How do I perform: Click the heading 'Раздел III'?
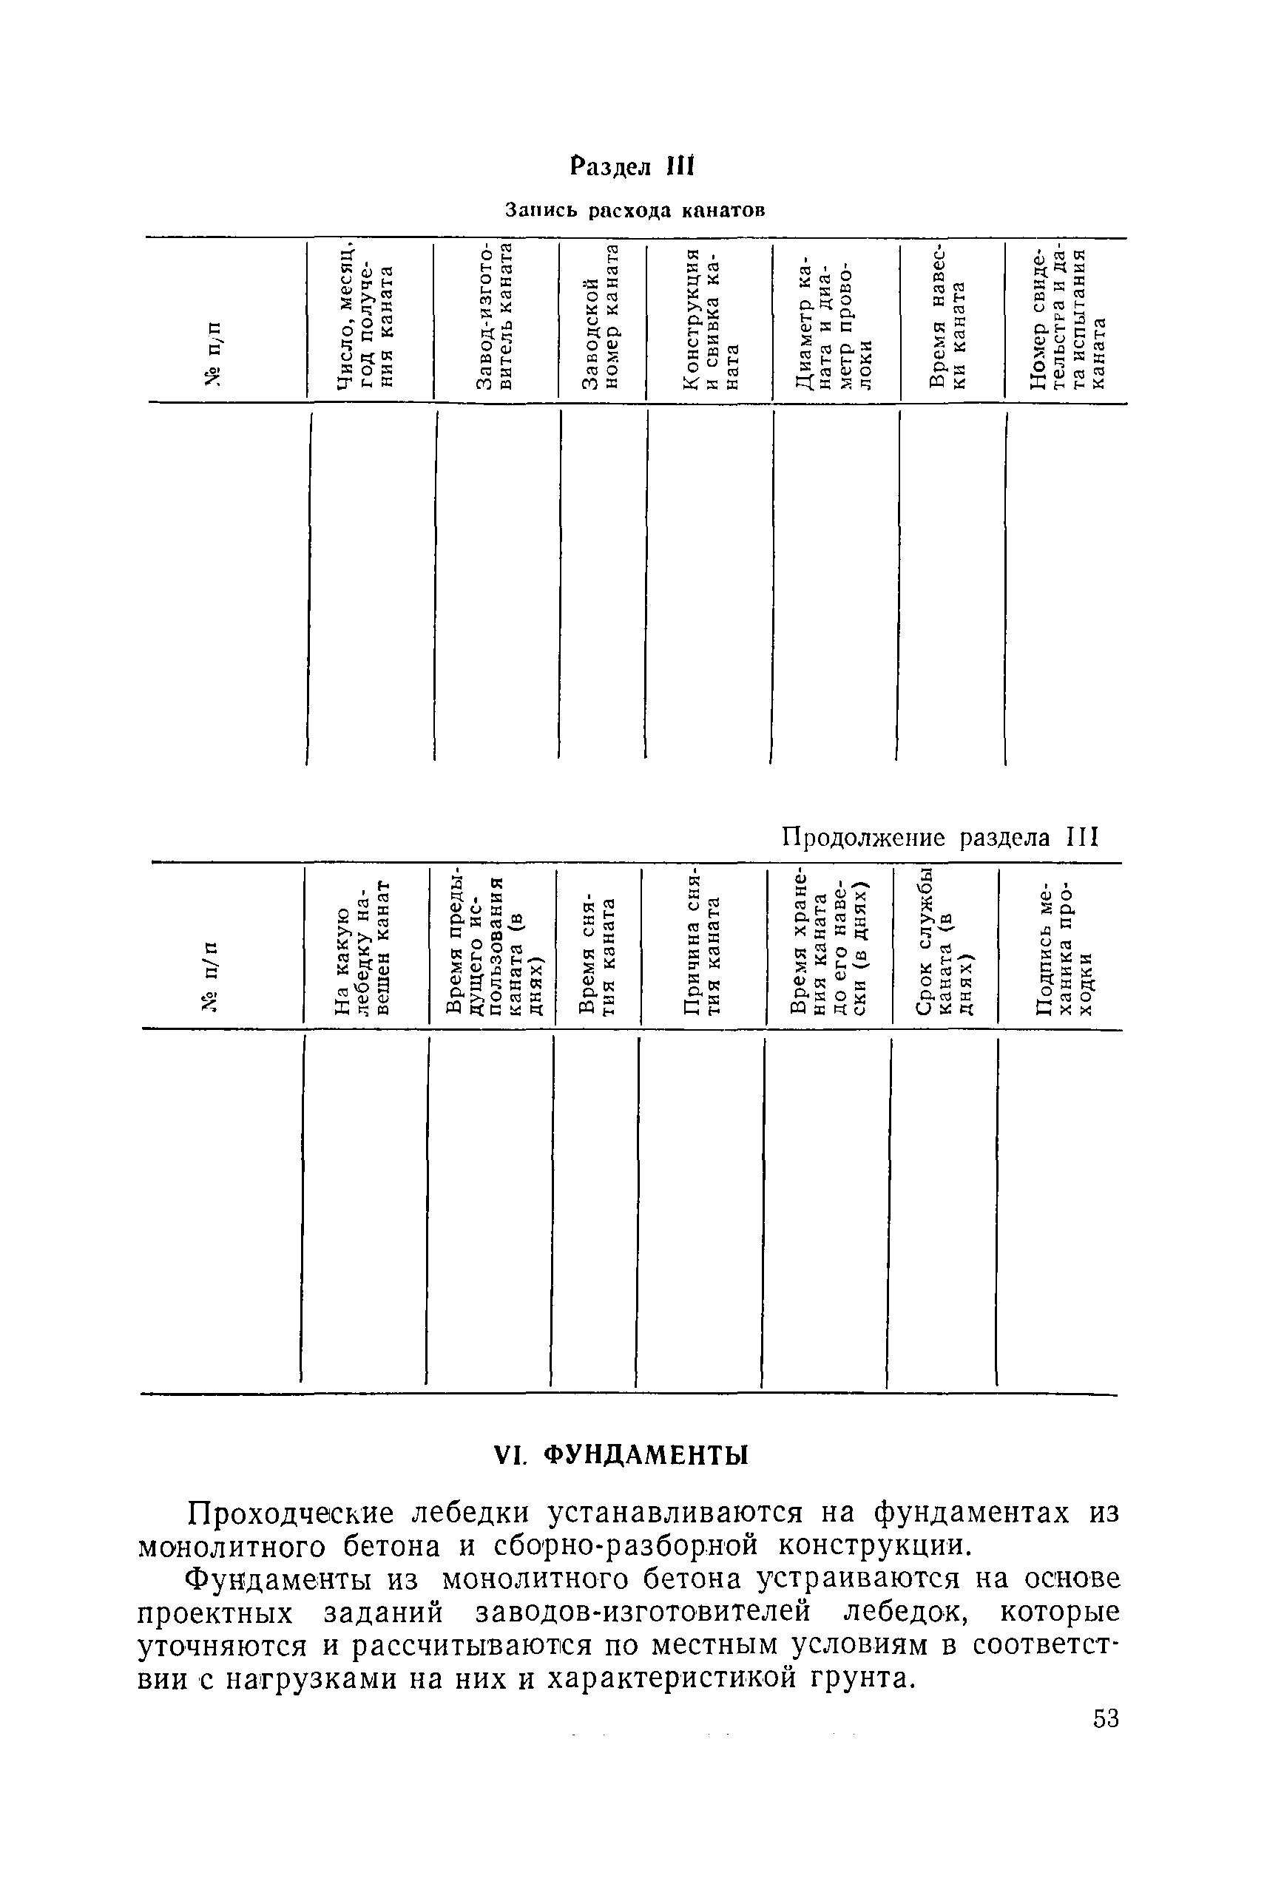(632, 167)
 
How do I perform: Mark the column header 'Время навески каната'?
(947, 315)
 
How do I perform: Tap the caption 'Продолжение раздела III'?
(941, 837)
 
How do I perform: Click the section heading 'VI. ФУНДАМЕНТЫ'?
(621, 1456)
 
